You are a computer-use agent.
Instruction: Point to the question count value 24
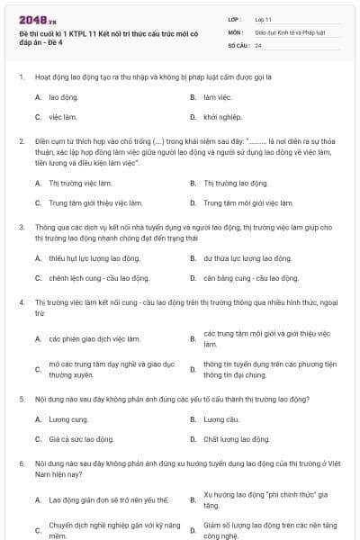(258, 44)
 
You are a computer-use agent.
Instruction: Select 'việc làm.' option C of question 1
(62, 117)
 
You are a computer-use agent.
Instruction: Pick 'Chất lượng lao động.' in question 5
(236, 439)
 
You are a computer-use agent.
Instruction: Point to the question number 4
(21, 303)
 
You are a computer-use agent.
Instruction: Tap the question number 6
(21, 463)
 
